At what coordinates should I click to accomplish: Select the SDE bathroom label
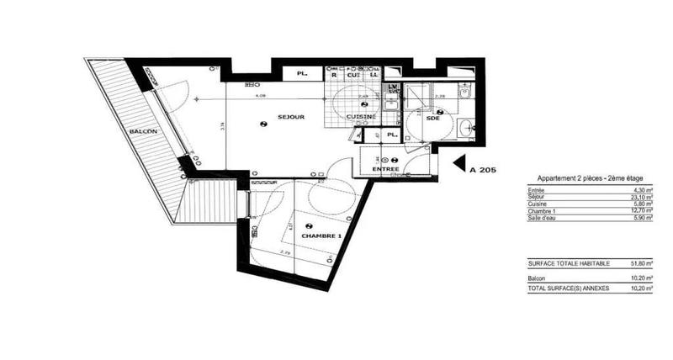click(432, 119)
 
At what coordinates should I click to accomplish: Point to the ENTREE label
click(386, 170)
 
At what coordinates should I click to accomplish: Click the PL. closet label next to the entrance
click(391, 135)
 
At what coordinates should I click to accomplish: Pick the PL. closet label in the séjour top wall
click(301, 75)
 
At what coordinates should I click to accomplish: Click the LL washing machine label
click(374, 75)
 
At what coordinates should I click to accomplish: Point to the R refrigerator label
click(333, 75)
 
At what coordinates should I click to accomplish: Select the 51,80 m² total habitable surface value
click(644, 263)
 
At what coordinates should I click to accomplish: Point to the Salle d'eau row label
click(543, 219)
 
